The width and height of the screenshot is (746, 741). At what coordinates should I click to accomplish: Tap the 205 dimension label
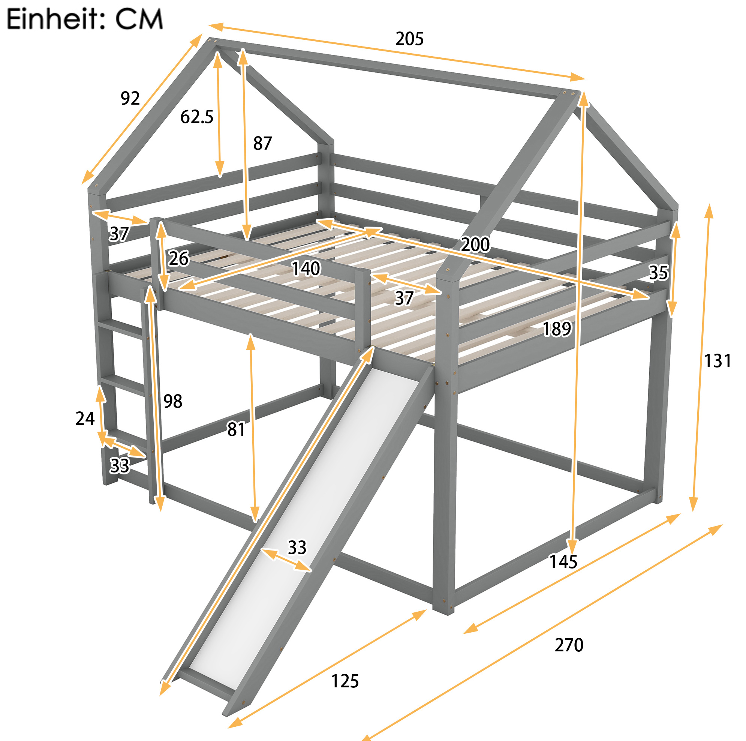coord(409,39)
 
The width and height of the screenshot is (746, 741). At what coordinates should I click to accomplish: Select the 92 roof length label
coord(130,98)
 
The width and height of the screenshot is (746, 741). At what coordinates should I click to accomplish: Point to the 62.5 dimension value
coord(196,117)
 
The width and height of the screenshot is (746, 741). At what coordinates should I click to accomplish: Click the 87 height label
coord(262,143)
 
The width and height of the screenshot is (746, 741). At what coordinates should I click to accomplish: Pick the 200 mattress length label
coord(475,244)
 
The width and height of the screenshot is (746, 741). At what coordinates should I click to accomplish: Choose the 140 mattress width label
coord(306,268)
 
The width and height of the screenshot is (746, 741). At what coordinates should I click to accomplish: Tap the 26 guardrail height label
coord(178,258)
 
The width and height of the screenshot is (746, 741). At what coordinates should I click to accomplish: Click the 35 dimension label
coord(658,273)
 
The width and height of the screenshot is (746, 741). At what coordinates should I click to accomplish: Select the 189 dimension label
coord(557,329)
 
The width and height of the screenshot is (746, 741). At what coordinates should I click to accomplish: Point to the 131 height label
coord(718,361)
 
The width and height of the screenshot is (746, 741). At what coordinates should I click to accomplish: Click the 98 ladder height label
coord(172,401)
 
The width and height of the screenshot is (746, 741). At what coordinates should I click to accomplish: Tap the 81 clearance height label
coord(236,429)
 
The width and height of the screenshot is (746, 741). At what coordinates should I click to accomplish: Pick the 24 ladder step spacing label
coord(85,418)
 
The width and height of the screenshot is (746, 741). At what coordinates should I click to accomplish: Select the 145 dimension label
coord(563,562)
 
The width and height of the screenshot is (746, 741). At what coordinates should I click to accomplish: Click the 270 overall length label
coord(569,645)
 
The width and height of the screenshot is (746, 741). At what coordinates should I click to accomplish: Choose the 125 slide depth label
coord(345,681)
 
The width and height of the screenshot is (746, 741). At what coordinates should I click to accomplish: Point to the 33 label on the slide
coord(297,547)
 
